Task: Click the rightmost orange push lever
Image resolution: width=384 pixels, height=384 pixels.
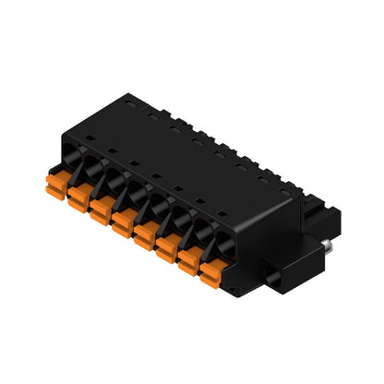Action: tap(212, 274)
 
